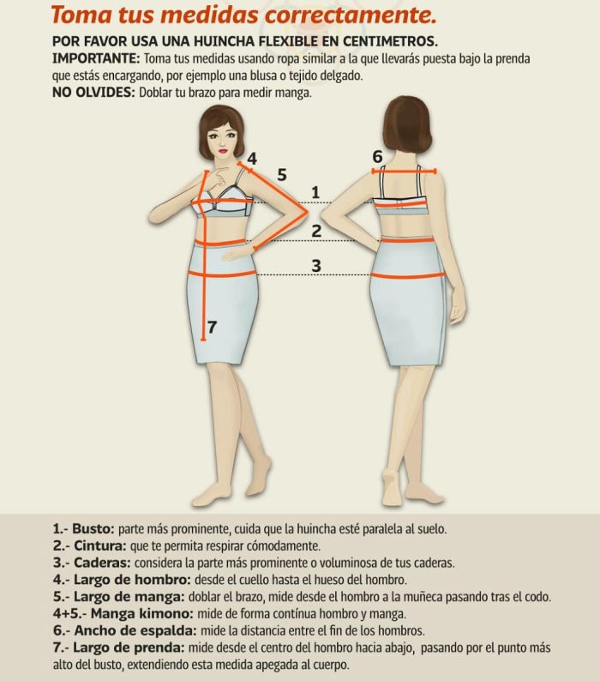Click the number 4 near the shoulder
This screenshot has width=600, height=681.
[252, 159]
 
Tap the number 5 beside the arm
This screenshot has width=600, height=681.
[282, 175]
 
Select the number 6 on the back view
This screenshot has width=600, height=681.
[377, 157]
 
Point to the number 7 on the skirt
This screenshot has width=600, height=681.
[212, 327]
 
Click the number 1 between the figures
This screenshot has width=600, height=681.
[315, 192]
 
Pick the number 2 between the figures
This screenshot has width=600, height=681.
[316, 231]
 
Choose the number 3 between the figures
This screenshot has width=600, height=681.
[316, 265]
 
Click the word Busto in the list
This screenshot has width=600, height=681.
[93, 528]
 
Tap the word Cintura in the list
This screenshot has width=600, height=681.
[99, 545]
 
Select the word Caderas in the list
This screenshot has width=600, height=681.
[102, 563]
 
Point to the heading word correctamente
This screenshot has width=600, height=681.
[351, 15]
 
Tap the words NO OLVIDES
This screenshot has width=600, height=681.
[93, 93]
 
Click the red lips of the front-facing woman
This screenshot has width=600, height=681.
[223, 151]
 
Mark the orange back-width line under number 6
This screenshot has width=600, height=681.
[405, 172]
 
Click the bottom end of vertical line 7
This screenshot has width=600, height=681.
[203, 339]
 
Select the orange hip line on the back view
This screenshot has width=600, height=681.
[408, 276]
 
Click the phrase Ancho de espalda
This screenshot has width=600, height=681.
[135, 630]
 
